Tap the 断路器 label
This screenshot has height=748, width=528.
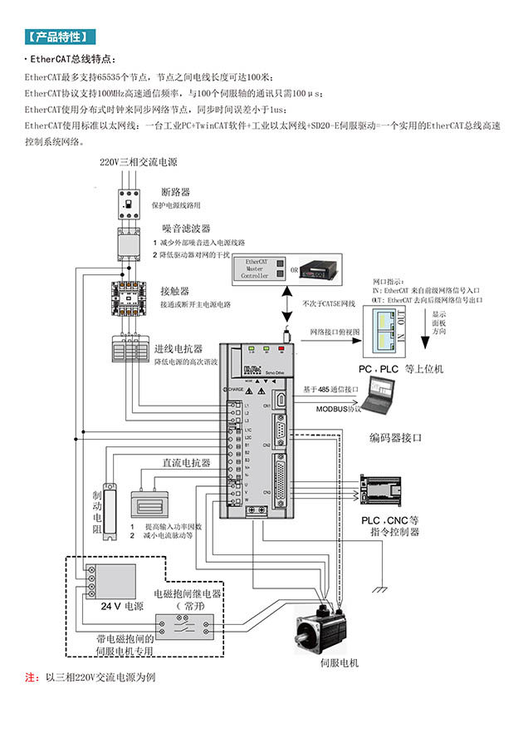176,192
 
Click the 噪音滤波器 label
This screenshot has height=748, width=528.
185,228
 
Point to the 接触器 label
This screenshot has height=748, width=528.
175,291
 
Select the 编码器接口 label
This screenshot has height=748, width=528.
396,436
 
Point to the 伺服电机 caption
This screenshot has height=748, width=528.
339,663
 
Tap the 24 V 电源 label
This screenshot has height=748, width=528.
121,606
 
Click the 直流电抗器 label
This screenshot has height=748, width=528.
186,462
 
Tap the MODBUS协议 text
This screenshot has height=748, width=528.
339,409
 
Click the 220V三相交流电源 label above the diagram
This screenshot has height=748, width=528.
139,162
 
